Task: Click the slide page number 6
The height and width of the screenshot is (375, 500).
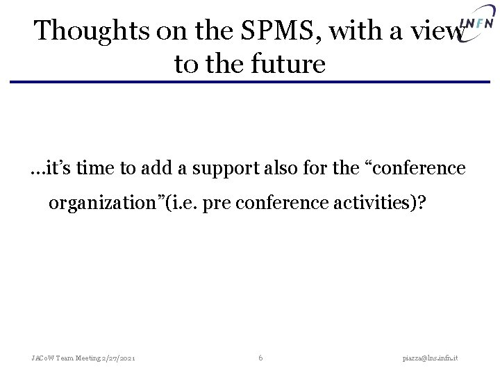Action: coord(260,358)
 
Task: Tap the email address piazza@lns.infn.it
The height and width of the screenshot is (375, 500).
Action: coord(436,358)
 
